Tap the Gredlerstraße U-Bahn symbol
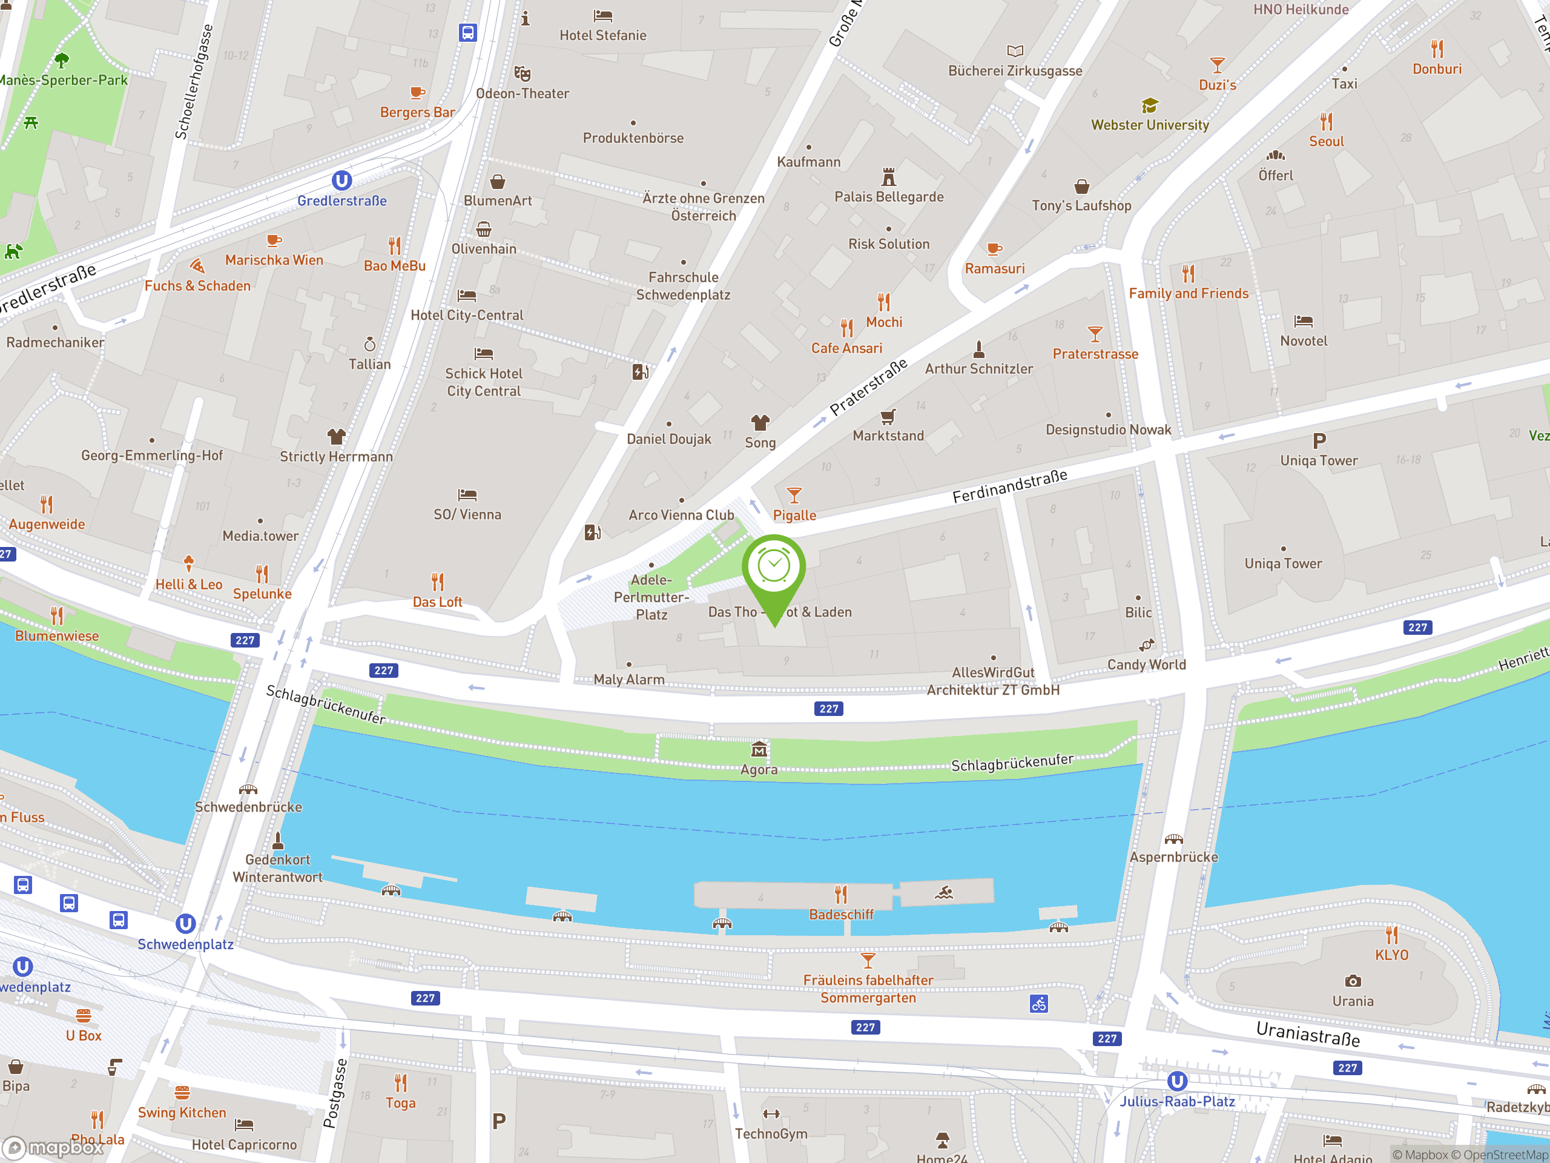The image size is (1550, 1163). (341, 181)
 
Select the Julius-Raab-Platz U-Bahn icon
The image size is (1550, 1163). (1176, 1081)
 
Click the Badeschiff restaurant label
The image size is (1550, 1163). (841, 914)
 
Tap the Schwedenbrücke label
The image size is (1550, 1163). (248, 807)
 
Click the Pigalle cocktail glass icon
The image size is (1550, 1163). (794, 495)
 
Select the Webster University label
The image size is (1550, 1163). (1149, 125)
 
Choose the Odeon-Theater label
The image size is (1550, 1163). (522, 93)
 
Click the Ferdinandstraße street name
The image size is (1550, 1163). (1009, 486)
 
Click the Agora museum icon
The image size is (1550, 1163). (758, 750)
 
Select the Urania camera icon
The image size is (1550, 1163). (1353, 981)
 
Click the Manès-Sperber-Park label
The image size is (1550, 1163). (63, 80)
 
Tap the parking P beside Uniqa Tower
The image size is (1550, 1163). (1319, 441)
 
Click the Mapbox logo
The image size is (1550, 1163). (53, 1148)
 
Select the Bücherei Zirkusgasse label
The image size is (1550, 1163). (1015, 71)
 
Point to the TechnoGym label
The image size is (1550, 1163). (771, 1133)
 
